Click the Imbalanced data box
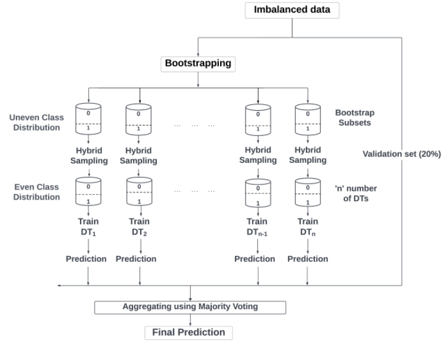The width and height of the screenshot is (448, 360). click(288, 10)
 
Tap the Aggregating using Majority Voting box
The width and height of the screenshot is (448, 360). click(189, 307)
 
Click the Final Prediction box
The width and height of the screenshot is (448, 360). click(189, 332)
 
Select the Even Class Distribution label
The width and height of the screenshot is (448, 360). click(37, 191)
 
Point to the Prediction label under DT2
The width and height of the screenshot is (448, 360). click(136, 259)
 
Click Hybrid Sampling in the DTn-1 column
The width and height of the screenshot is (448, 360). click(257, 155)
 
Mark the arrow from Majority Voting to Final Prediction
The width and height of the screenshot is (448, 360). click(189, 319)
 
